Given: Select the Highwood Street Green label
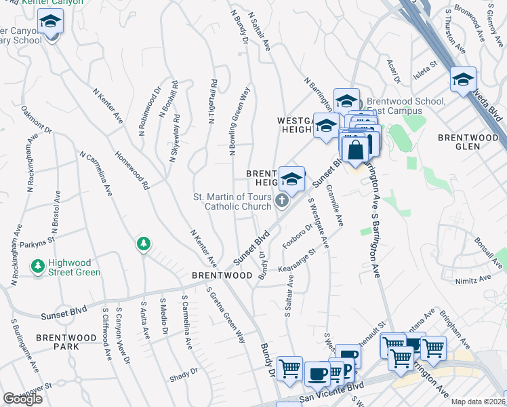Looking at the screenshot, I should (x=68, y=268).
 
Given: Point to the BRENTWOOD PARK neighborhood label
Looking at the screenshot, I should (x=67, y=342).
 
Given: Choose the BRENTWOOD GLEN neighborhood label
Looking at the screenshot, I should (x=468, y=142).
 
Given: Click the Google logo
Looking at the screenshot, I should (x=23, y=399).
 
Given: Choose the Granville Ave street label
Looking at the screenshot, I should (x=334, y=206).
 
